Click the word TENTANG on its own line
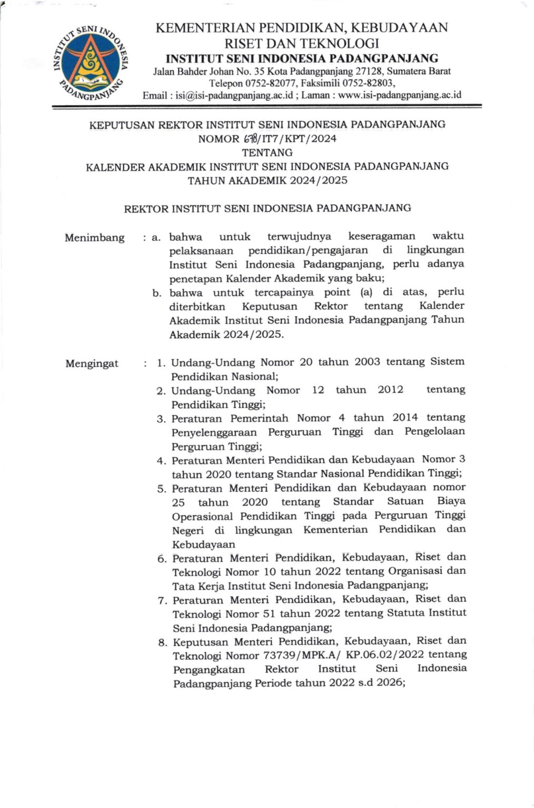pos(266,153)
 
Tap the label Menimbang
pos(95,237)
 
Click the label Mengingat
pos(92,363)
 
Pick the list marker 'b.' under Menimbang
pos(157,293)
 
